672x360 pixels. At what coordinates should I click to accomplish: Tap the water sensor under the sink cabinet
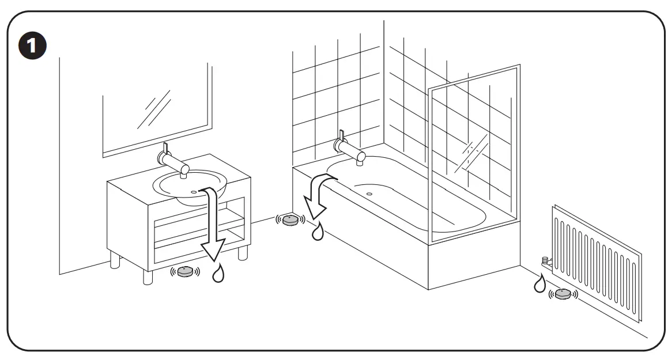(x=185, y=272)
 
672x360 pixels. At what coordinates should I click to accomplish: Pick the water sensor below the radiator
(x=562, y=294)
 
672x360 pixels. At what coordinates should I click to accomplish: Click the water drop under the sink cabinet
(x=218, y=274)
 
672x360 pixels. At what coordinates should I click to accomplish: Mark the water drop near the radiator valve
(x=539, y=283)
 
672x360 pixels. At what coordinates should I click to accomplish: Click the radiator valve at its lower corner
(x=545, y=263)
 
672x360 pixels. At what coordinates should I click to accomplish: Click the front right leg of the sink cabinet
(x=243, y=252)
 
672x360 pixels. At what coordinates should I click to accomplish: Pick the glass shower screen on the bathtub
(x=473, y=156)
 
